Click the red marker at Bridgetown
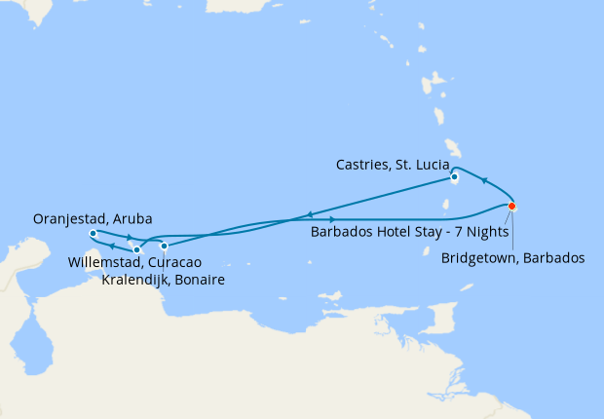tap(511, 207)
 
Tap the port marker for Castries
tap(454, 177)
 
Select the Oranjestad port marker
tap(93, 234)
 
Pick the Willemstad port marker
tap(136, 250)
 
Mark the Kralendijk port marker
tap(164, 246)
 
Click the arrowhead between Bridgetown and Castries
tap(484, 181)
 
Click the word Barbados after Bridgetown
tap(555, 258)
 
